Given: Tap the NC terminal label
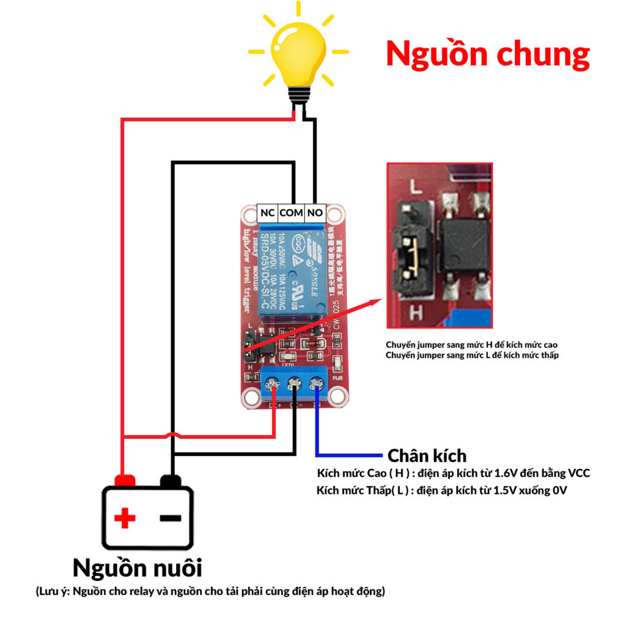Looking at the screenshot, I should point(267,213).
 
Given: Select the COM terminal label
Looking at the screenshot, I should point(292,213).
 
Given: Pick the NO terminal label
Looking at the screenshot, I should point(315,213).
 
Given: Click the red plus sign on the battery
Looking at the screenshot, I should point(125,518).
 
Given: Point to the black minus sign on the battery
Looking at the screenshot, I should point(171,518).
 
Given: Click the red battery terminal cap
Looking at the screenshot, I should point(125,480).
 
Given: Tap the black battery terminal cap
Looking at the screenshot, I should point(171,480).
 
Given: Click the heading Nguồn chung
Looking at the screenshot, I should point(487,55).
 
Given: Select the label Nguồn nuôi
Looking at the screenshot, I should point(137,567).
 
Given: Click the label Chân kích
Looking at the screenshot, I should point(427,455).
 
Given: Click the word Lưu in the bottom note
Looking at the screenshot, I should point(51,592).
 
